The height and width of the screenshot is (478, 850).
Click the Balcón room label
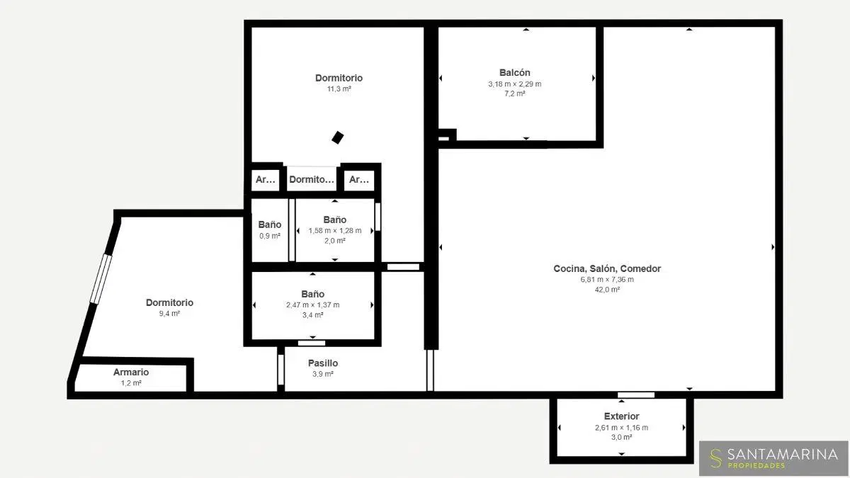[514, 72]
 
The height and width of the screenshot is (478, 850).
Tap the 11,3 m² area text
[339, 89]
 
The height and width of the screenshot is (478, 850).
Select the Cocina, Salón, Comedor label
[607, 268]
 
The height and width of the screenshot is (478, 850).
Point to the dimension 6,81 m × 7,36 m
[607, 280]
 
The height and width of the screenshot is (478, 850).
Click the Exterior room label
[622, 416]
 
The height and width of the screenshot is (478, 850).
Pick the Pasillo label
[323, 363]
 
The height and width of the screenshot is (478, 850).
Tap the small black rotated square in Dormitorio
[338, 137]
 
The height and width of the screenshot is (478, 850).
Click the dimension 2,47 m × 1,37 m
[312, 305]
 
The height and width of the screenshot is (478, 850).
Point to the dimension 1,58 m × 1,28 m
[334, 231]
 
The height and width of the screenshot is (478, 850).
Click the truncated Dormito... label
[312, 179]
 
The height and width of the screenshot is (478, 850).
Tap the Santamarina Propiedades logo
[773, 458]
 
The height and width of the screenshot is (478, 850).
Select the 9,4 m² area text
[169, 314]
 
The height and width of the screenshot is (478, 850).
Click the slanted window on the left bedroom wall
[101, 279]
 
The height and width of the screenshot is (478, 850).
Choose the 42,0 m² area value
[607, 290]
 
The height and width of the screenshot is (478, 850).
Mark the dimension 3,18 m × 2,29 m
[514, 84]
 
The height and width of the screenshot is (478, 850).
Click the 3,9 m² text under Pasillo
[323, 374]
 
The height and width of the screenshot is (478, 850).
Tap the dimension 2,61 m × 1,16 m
[622, 428]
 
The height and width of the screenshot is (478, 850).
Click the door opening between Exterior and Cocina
[636, 395]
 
